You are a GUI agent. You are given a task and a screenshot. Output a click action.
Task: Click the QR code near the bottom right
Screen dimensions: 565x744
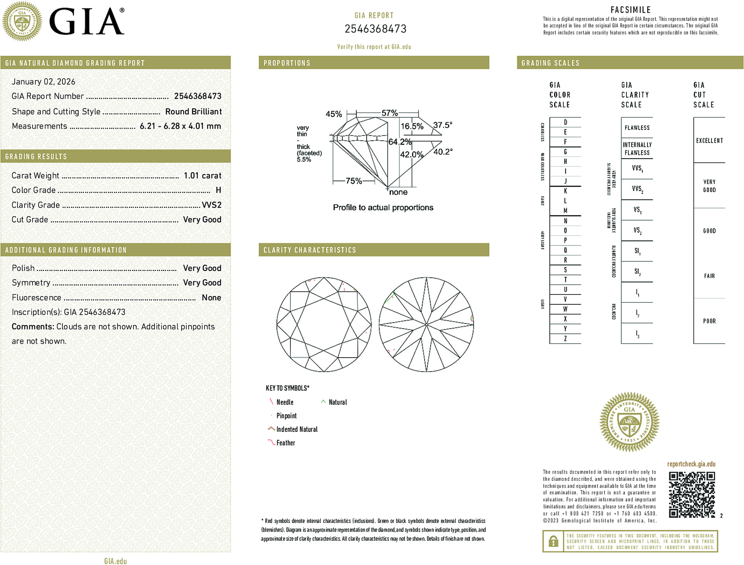(x=692, y=494)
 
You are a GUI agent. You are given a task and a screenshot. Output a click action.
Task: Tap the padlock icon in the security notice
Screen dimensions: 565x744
(x=553, y=541)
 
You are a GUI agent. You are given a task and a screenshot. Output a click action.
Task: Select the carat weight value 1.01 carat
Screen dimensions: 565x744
(x=202, y=176)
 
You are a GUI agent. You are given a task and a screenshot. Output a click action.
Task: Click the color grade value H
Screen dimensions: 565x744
(x=218, y=190)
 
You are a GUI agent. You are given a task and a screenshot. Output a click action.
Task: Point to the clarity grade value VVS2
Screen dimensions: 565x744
(x=211, y=205)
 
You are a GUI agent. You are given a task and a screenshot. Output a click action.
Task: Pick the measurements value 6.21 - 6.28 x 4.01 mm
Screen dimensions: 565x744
(x=180, y=126)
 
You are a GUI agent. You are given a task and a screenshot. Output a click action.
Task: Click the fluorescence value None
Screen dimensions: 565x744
(x=211, y=298)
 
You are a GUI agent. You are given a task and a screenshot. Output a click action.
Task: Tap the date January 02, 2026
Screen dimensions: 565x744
(x=43, y=81)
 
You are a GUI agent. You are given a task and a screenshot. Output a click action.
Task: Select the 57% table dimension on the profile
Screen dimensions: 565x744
(x=389, y=113)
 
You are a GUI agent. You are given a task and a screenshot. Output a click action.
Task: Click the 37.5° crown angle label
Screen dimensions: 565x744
(x=443, y=125)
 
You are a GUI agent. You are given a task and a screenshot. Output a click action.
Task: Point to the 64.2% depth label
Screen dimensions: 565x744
(x=400, y=142)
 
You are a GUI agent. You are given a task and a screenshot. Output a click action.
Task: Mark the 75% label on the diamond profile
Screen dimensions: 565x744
(x=354, y=181)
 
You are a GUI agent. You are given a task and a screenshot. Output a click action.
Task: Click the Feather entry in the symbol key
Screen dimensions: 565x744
(x=285, y=443)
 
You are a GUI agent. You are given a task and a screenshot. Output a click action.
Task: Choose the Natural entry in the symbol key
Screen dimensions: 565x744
(x=337, y=402)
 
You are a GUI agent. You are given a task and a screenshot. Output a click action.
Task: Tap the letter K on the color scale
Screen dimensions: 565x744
(x=565, y=191)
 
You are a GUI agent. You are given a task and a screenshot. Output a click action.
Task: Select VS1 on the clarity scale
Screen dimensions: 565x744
(x=637, y=210)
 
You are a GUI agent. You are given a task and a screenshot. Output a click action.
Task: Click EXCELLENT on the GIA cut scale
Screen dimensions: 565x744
(x=709, y=141)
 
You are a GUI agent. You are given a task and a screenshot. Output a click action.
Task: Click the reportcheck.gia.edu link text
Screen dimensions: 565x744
(x=691, y=464)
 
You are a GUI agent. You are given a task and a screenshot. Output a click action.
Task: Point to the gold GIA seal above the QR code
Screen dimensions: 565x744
(x=629, y=422)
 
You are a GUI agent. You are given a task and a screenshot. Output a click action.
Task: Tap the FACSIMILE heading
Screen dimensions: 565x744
(x=630, y=10)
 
